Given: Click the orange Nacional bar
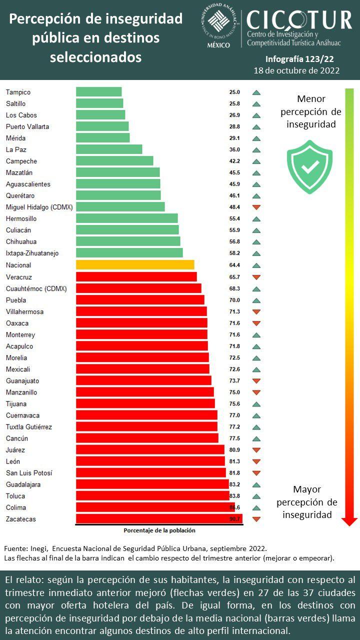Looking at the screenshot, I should (x=135, y=265).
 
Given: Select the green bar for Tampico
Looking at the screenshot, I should (x=98, y=92).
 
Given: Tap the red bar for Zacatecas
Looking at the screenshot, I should (x=159, y=519).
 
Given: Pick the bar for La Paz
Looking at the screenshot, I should (x=109, y=149).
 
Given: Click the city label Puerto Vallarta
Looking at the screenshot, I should (x=27, y=126).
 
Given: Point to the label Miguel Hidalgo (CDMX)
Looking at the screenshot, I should (x=39, y=207).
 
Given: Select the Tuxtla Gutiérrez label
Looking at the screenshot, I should (x=29, y=427).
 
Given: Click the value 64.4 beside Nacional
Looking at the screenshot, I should (x=234, y=265).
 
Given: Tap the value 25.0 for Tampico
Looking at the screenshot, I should (x=234, y=92).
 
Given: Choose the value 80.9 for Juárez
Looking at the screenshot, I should (x=234, y=450).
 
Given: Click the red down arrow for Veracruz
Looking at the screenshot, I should (x=256, y=277).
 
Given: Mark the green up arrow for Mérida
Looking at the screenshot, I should (x=256, y=138).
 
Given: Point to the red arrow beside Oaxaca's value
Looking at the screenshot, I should (x=256, y=323).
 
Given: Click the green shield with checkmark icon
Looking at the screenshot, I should (x=309, y=167).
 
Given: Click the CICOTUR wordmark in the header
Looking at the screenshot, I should (x=299, y=20).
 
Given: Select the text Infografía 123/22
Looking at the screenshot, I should (x=299, y=59).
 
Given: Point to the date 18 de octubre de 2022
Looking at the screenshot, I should (x=297, y=70).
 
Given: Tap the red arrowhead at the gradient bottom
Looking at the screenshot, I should (x=349, y=522).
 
